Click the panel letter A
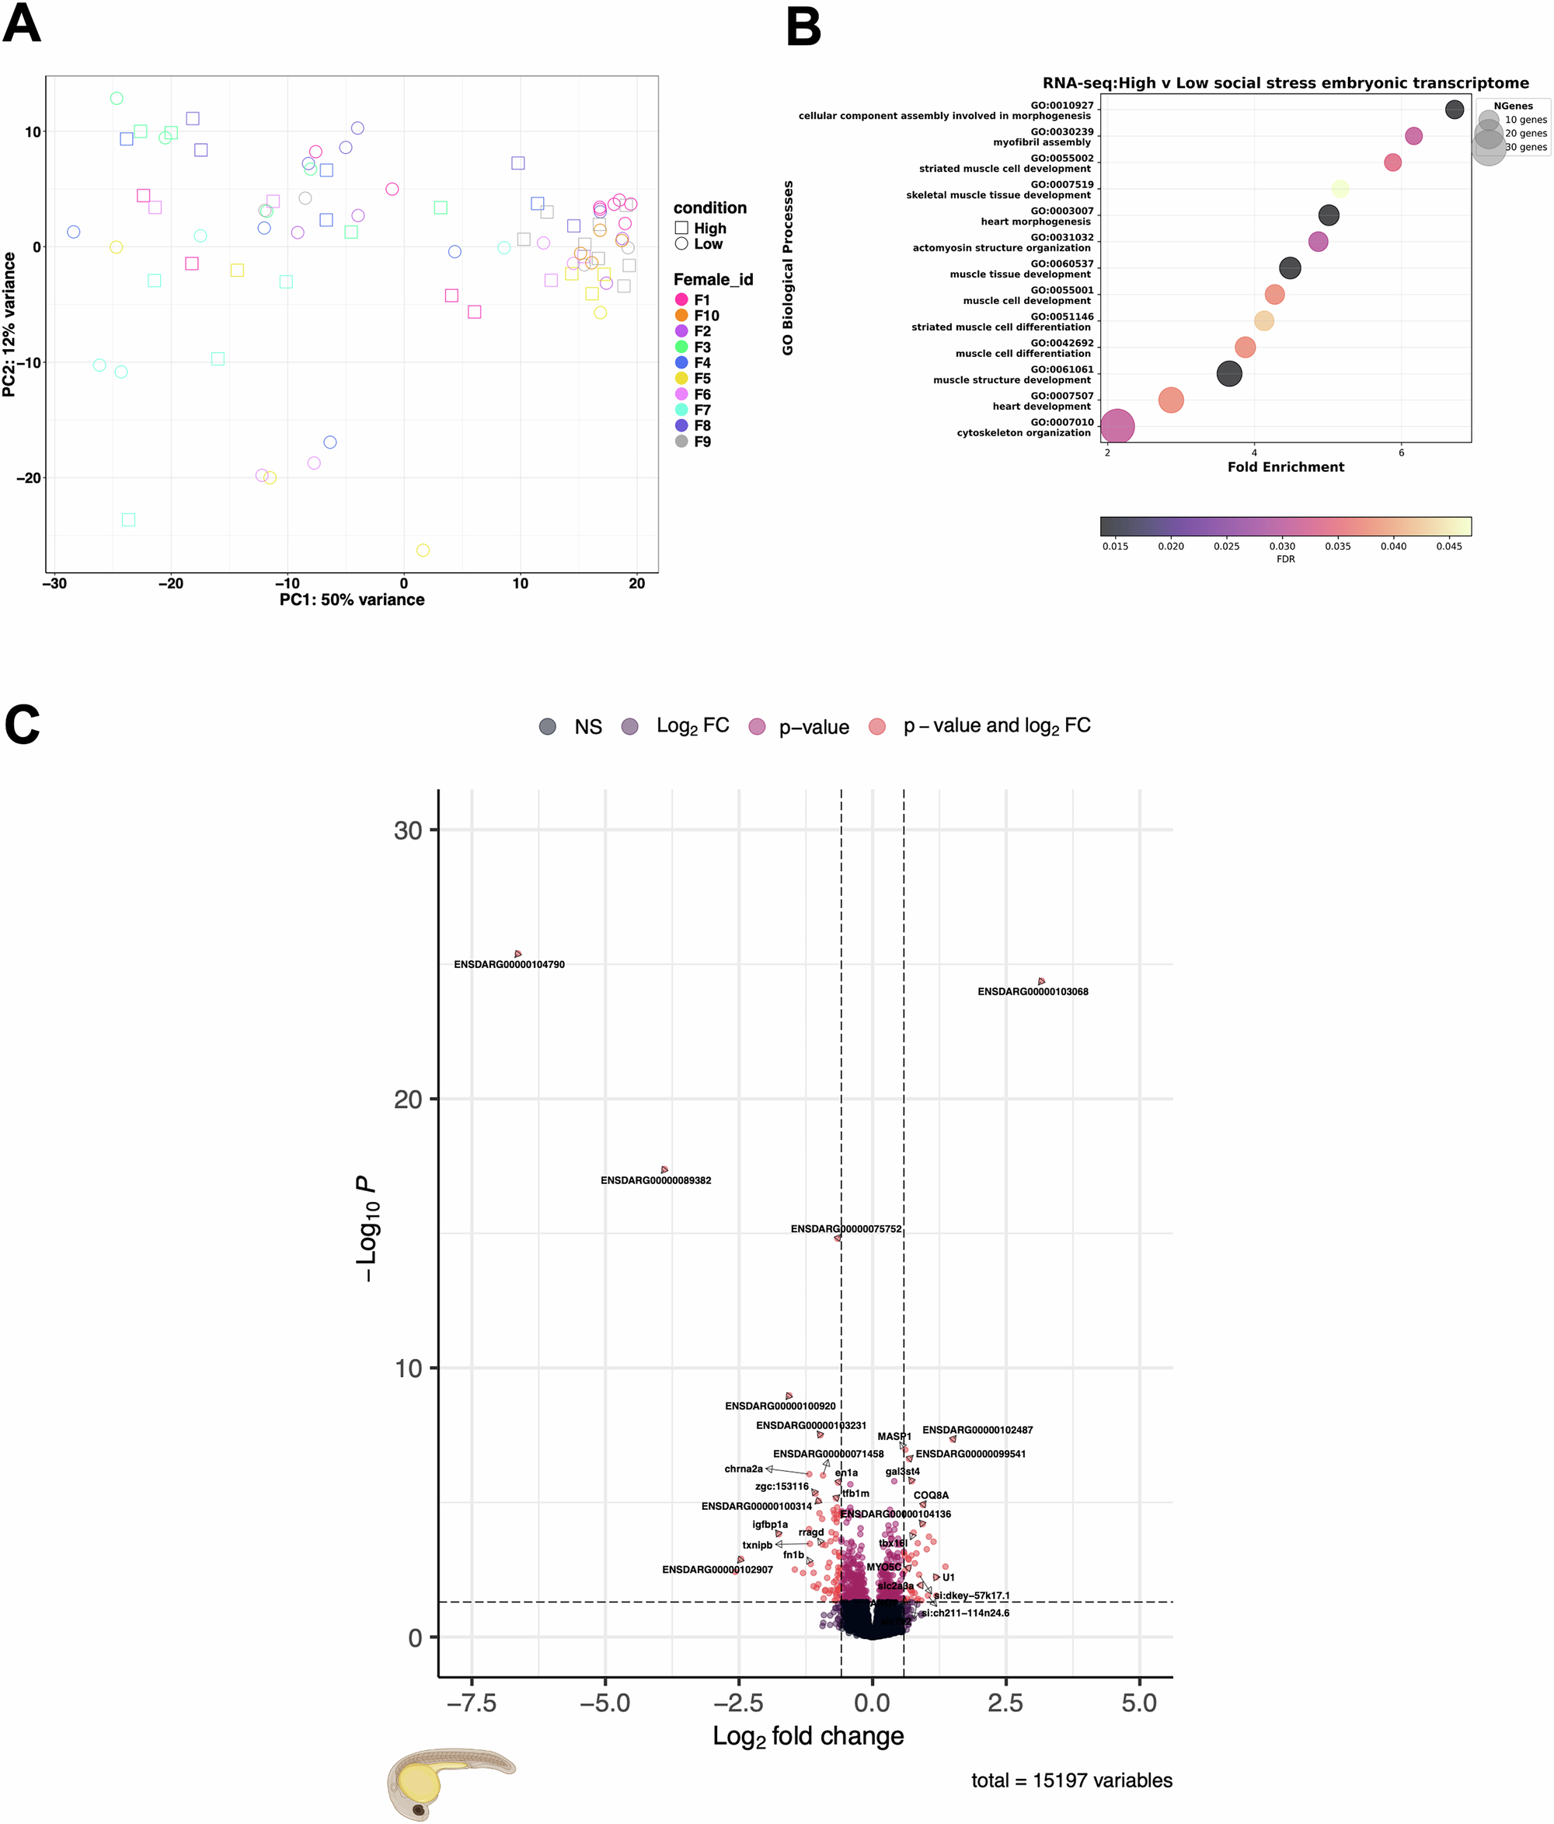point(21,25)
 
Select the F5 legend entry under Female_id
point(702,379)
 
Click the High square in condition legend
point(681,228)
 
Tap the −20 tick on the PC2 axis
point(29,478)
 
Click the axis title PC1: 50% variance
point(352,599)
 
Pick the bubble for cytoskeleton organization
point(1117,427)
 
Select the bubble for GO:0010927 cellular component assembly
point(1455,109)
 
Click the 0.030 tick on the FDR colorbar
point(1281,546)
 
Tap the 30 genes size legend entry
point(1525,147)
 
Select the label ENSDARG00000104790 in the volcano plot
point(509,965)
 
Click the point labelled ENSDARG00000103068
point(1041,980)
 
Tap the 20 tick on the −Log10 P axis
point(407,1099)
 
